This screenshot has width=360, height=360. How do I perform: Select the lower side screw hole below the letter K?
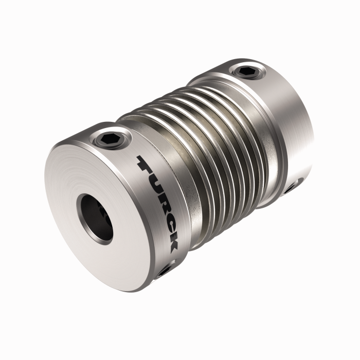(166, 269)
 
